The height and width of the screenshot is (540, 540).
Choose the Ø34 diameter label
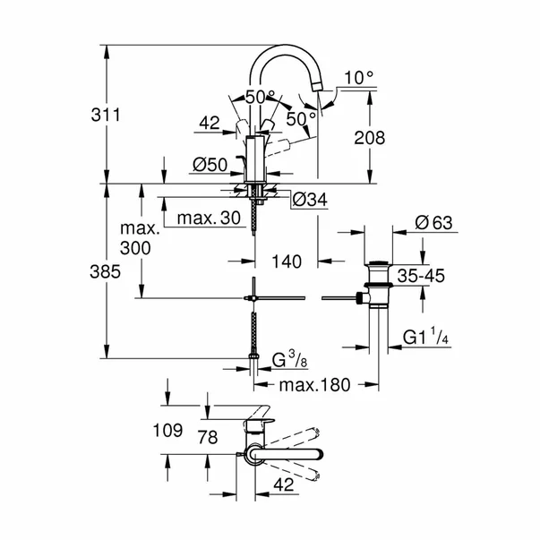click(x=309, y=199)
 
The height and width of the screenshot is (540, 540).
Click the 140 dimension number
click(x=287, y=261)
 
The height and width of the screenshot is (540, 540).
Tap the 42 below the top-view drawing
click(x=284, y=484)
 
